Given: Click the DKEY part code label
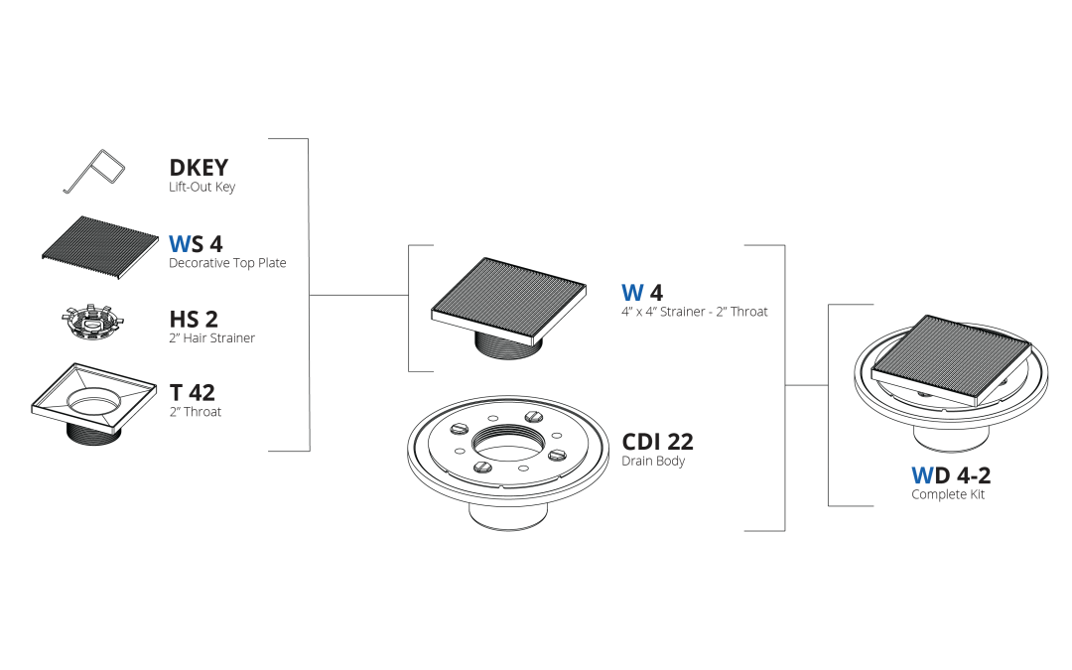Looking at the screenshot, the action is [x=199, y=168].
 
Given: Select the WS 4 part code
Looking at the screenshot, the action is [x=196, y=243].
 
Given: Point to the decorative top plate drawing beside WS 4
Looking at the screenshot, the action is [x=100, y=247].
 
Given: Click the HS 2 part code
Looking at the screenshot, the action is [x=194, y=320].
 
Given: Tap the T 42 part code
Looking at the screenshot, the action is [x=193, y=392].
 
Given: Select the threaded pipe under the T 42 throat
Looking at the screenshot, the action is [x=93, y=431].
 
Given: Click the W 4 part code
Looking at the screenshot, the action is [x=642, y=293].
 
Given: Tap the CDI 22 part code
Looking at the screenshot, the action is [x=657, y=442].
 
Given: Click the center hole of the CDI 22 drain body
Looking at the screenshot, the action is [x=508, y=444].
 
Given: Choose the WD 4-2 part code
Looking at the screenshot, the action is [x=951, y=475].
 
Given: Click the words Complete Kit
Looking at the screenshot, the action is [x=948, y=494].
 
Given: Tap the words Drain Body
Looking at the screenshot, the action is [x=653, y=461].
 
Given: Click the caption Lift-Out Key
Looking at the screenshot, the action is [x=201, y=187].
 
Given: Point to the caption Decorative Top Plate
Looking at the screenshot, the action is [x=227, y=262].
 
